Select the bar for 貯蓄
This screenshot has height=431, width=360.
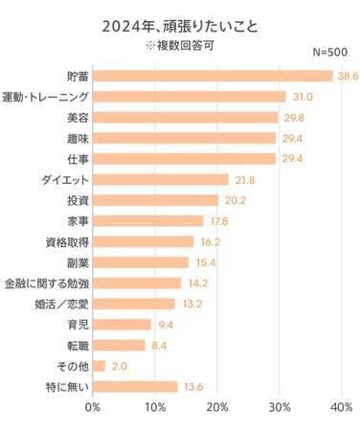(x=213, y=76)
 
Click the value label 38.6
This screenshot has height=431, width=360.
(x=346, y=76)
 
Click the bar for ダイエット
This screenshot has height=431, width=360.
(x=161, y=179)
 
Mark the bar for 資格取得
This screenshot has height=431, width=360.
(x=144, y=241)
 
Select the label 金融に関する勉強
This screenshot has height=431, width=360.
(x=46, y=284)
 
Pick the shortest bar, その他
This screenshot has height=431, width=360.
(x=100, y=366)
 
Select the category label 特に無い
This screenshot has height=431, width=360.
(x=63, y=387)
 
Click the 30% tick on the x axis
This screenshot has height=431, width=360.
(x=280, y=408)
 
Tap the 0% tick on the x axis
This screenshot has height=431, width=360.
(x=93, y=408)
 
